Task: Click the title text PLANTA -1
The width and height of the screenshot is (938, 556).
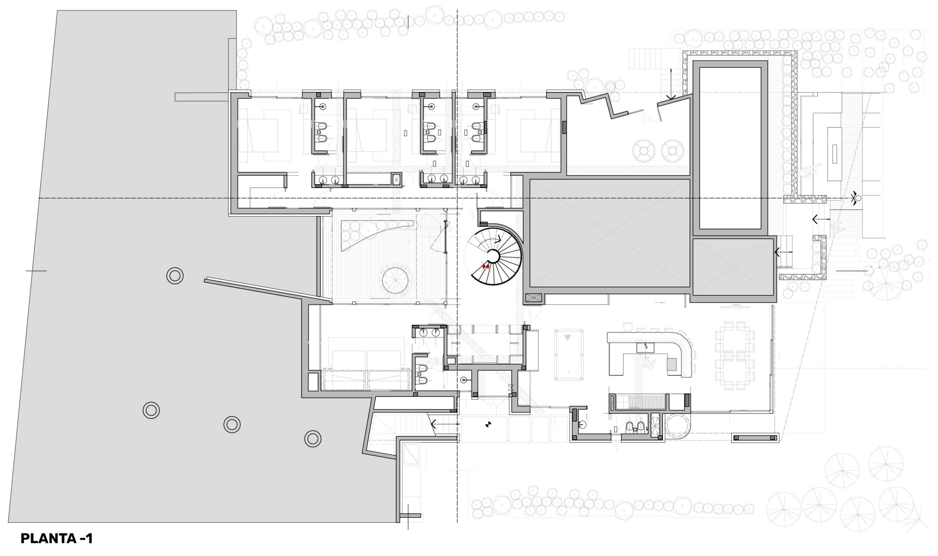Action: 56,539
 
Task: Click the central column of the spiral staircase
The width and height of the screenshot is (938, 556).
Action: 493,257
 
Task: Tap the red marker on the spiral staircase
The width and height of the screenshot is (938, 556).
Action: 485,266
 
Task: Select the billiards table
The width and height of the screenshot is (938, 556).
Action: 569,355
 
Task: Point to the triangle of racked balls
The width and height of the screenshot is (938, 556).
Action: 569,337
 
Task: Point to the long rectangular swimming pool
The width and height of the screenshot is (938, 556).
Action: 730,148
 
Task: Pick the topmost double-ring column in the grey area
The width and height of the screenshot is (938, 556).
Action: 175,276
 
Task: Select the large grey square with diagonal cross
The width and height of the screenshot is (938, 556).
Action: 610,233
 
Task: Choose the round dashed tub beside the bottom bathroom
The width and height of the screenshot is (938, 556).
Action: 677,427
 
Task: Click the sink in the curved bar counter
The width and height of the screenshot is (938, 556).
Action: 645,347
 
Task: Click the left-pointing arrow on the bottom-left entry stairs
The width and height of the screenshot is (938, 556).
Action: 445,424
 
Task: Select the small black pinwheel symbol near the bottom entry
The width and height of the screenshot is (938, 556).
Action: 488,424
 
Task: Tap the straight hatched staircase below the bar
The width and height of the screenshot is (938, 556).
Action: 639,403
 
